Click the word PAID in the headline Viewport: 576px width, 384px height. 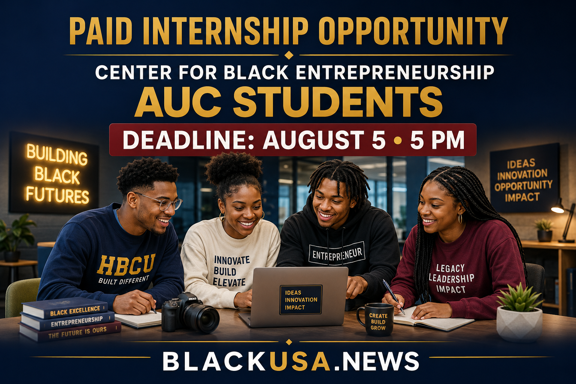(x=99, y=31)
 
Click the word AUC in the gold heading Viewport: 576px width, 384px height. (x=178, y=102)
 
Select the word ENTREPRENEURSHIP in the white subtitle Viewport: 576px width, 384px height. (x=395, y=72)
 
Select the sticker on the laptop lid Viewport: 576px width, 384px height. (x=301, y=300)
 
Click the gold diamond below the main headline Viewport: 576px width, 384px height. (x=289, y=55)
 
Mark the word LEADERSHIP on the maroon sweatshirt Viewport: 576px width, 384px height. (x=451, y=279)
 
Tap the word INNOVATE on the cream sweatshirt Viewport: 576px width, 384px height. (x=232, y=260)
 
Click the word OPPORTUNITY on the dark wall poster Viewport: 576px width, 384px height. (x=523, y=186)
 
